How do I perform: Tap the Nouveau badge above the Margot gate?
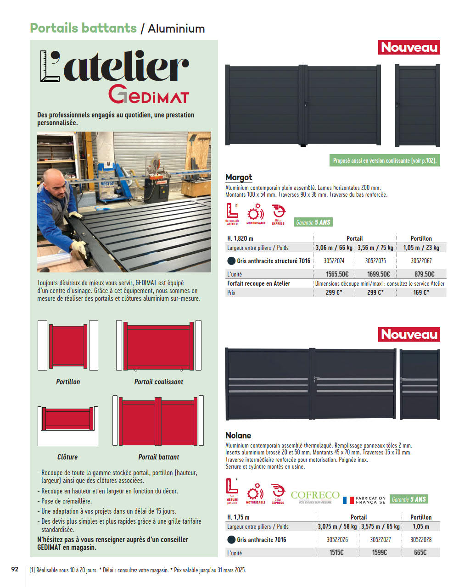[409, 47]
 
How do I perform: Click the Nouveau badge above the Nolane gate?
[409, 334]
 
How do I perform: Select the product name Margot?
[239, 177]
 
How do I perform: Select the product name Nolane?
[238, 435]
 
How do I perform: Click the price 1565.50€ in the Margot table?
[337, 274]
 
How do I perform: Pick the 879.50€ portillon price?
[424, 274]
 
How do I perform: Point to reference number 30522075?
[375, 261]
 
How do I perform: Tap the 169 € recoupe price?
[421, 292]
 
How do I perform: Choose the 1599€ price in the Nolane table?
[380, 553]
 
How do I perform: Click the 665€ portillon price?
[420, 553]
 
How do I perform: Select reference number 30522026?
[337, 540]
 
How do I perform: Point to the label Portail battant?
[159, 457]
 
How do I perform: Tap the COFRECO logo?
[315, 496]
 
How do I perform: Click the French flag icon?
[348, 500]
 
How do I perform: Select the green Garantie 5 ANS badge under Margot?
[313, 222]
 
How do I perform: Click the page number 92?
[15, 569]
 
